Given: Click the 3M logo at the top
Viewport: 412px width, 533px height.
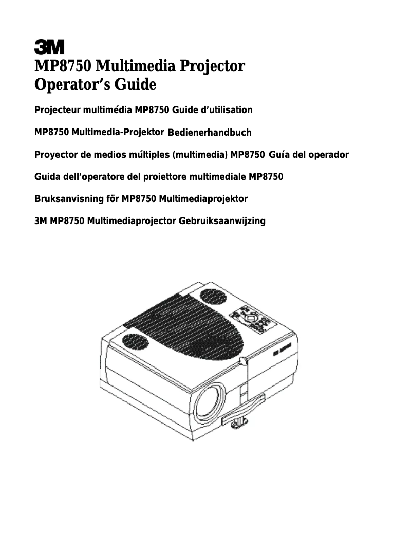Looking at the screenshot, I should tap(49, 47).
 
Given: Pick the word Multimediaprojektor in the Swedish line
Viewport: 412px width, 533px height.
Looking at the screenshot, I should tap(204, 199).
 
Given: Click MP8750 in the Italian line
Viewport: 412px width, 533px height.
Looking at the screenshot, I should tap(266, 177).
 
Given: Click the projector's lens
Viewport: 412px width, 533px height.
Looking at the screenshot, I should tap(209, 401).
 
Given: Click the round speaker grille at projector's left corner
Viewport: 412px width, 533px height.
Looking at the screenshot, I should tap(135, 341).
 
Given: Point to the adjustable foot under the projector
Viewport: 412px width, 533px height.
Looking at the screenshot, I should tap(239, 421).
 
